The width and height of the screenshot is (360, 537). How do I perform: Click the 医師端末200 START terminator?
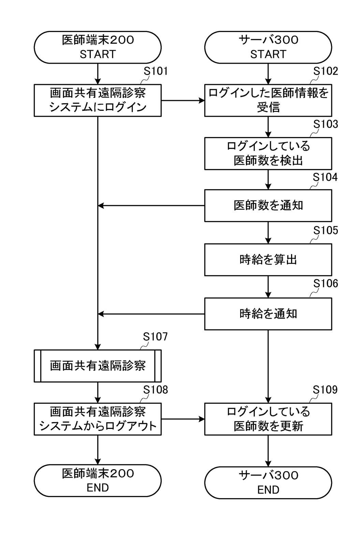coord(98,47)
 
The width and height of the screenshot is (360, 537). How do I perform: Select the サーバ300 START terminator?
coord(268,47)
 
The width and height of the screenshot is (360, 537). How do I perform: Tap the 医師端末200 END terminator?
coord(98,480)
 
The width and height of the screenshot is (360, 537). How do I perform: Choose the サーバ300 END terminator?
coord(268,482)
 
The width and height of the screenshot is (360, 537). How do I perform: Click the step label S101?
coord(155,71)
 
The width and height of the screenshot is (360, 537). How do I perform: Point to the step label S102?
coord(326,71)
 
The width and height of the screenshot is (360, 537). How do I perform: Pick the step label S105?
coord(326,231)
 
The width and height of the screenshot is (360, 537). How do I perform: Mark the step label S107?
coord(155,337)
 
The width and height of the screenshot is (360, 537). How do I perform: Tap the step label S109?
coord(326,390)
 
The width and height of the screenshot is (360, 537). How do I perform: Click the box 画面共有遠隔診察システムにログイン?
coord(98,100)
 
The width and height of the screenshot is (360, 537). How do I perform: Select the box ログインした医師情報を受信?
coord(268,100)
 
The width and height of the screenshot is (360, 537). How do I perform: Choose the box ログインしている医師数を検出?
coord(268,153)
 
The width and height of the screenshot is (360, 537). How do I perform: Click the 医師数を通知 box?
coord(268,206)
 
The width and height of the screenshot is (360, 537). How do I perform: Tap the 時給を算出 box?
coord(268,259)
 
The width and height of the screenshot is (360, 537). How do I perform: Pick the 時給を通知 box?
coord(268,314)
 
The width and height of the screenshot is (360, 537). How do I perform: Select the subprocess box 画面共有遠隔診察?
coord(98,366)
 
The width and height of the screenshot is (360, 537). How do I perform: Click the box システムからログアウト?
coord(98,419)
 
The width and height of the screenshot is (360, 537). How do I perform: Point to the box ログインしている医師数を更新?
coord(268,419)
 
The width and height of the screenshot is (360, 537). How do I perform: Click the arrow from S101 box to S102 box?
coord(183,101)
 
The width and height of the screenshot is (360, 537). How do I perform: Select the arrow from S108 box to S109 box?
coord(183,419)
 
